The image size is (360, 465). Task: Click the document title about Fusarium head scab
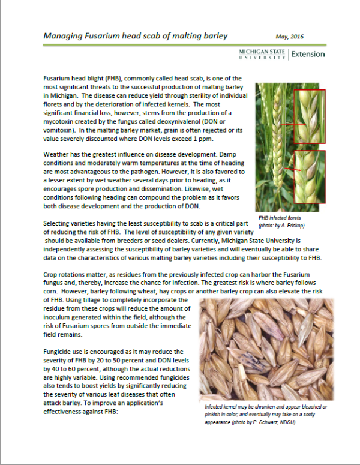pos(136,36)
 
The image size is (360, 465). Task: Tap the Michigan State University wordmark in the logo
pos(263,55)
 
